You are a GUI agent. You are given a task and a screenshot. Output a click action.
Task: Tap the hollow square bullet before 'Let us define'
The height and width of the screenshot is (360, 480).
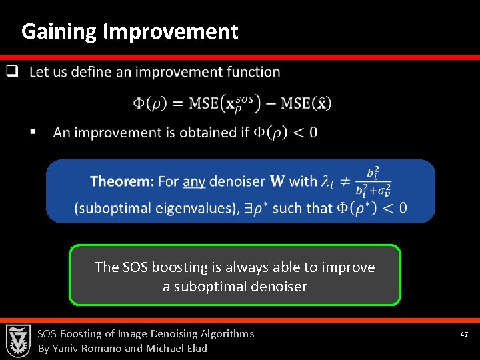[x=11, y=71]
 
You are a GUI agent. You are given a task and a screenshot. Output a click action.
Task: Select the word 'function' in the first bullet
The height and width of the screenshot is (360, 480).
[x=253, y=72]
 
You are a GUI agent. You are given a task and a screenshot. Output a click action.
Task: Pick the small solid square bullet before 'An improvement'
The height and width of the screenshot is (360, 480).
[x=31, y=133]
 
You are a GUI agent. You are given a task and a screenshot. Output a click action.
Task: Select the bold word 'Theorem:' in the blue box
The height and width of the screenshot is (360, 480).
[x=122, y=181]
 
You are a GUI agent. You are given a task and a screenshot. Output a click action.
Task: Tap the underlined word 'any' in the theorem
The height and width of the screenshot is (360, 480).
[x=193, y=181]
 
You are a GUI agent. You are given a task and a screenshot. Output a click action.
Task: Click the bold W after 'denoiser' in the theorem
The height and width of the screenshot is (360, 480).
[x=277, y=181]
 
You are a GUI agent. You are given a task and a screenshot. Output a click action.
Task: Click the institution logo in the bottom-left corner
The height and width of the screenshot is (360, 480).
[x=17, y=341]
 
